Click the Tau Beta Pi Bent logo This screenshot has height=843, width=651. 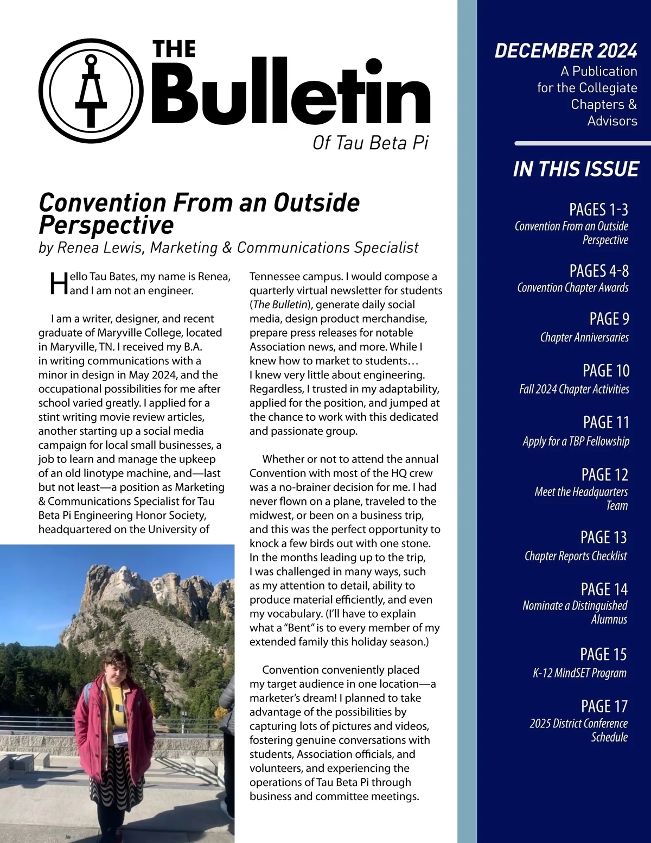coord(87,90)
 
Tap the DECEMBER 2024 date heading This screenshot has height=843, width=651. coord(565,50)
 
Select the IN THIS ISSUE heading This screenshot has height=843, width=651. coord(576,169)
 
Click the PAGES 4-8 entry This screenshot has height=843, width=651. coord(598,271)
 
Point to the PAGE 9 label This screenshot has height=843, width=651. coord(609,319)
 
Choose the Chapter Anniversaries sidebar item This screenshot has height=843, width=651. coord(584,338)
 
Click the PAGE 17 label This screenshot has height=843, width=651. coord(604,706)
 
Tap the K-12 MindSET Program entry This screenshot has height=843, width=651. coord(579,673)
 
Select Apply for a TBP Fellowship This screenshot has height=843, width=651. coord(576,441)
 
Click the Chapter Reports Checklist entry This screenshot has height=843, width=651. coord(575,556)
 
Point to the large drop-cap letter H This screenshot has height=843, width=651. coord(59,283)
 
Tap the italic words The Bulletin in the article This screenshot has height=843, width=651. coord(279,305)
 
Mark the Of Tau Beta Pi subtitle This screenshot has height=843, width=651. coord(370,143)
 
